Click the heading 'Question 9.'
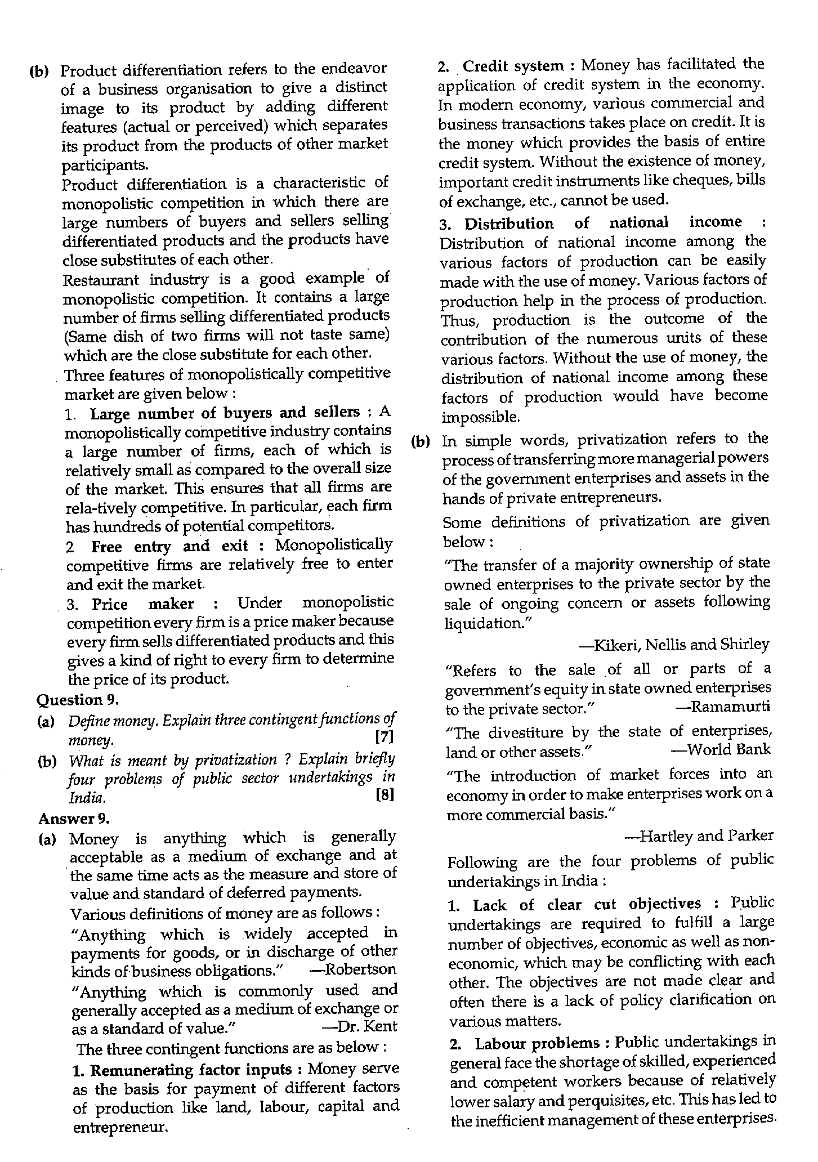(x=78, y=700)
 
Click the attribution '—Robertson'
(x=352, y=969)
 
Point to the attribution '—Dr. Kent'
(x=359, y=1026)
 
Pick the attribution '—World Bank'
(x=721, y=749)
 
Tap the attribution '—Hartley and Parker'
(x=699, y=836)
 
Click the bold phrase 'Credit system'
(x=513, y=66)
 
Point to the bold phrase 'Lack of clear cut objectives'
(x=587, y=905)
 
